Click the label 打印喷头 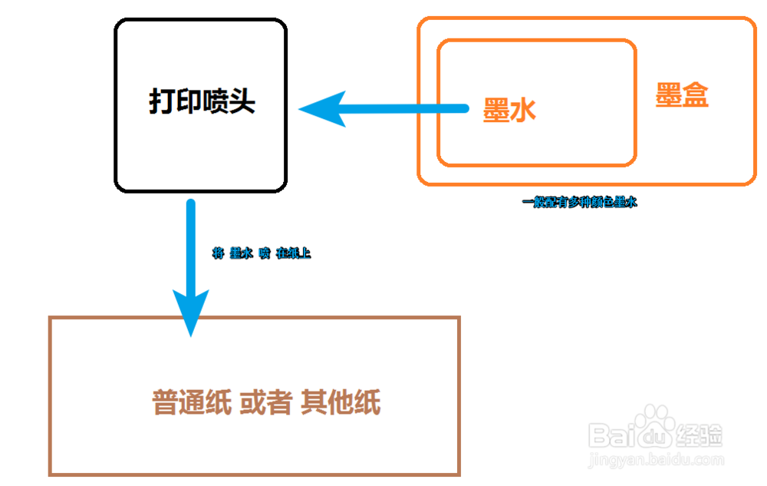202,101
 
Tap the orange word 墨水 509,111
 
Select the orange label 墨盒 682,95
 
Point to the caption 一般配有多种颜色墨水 580,203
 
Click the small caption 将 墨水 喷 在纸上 261,253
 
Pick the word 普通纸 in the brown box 191,402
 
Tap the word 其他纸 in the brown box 341,402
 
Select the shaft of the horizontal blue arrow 407,110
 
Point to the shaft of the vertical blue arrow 190,246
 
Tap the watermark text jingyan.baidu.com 656,461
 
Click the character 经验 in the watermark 700,436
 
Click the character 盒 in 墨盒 695,95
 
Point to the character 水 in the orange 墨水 522,111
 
